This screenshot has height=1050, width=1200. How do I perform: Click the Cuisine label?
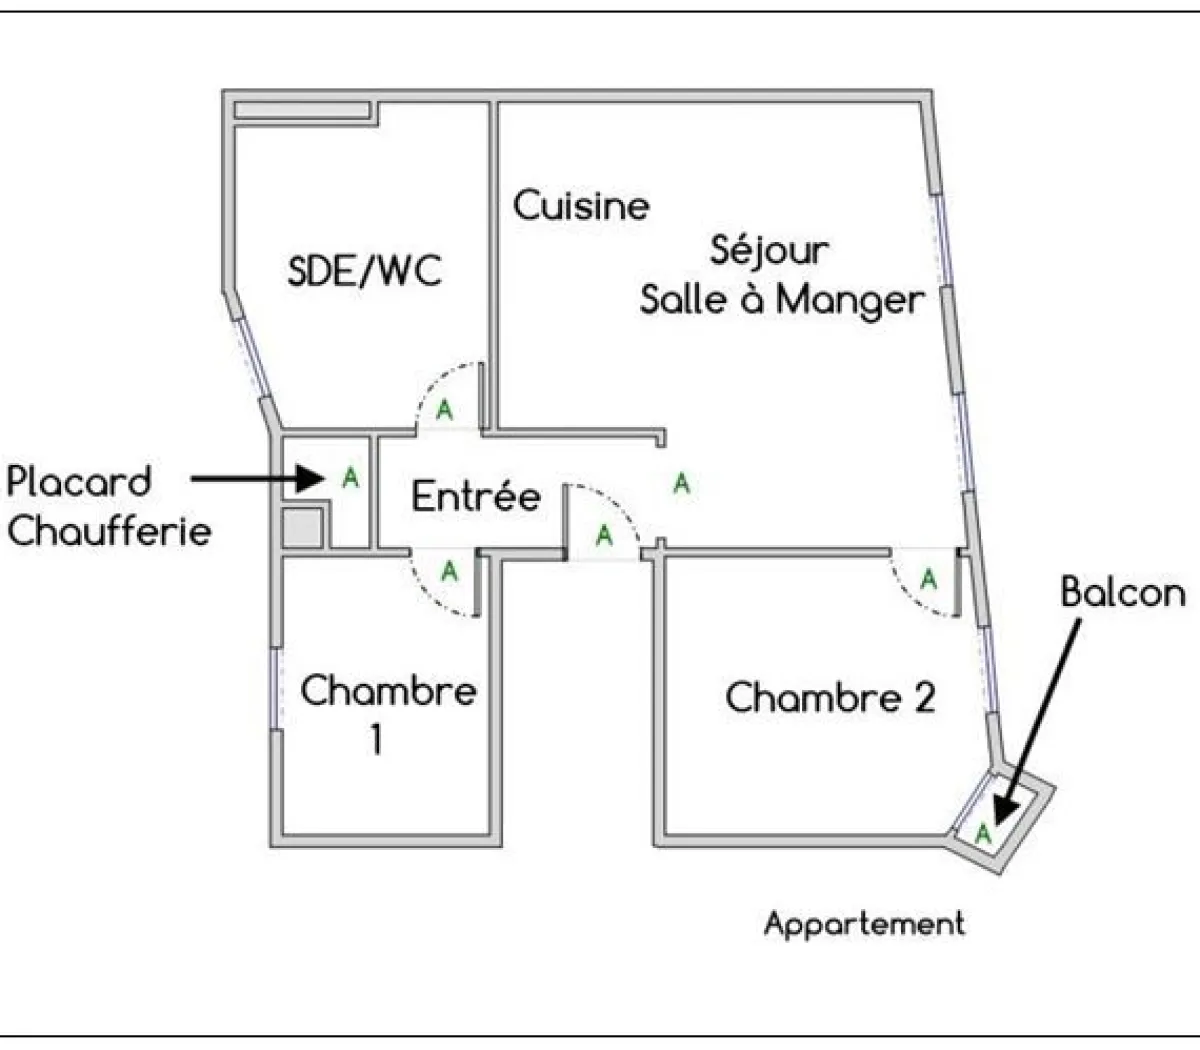[581, 206]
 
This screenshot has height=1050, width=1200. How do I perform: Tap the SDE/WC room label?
[364, 271]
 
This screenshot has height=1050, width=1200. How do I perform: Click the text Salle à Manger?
[782, 299]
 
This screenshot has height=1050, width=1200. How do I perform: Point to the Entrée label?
[476, 496]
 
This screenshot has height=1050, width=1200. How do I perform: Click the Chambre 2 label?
[830, 697]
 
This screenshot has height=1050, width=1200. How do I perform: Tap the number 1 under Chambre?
[376, 740]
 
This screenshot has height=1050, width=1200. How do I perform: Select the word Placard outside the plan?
[79, 482]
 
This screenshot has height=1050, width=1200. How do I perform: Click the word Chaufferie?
[109, 530]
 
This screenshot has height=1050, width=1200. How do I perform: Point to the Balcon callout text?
[1122, 593]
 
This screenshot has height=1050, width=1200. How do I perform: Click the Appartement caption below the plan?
[864, 923]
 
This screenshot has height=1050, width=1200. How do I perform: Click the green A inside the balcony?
[984, 831]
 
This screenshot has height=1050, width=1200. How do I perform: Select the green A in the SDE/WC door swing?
[445, 410]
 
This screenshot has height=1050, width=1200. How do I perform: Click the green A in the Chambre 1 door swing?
[449, 572]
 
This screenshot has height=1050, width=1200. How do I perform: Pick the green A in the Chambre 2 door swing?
[929, 579]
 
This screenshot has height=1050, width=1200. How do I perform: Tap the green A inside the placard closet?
[350, 478]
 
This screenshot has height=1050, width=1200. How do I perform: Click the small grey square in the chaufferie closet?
[302, 529]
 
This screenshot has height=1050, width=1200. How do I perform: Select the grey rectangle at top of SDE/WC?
[302, 110]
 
